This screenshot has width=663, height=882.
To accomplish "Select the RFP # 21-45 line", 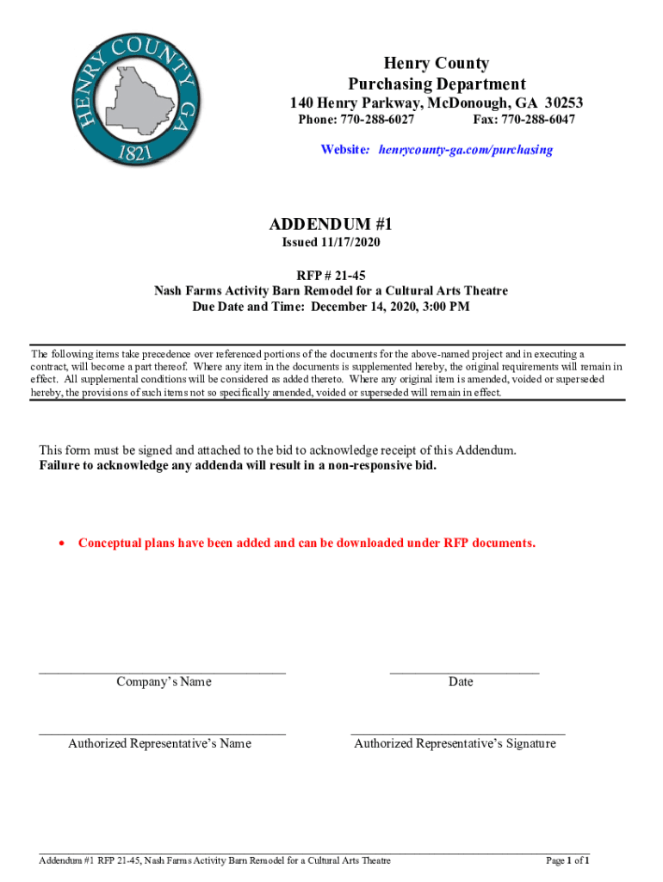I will (331, 276).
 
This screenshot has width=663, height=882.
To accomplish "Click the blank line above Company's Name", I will (162, 670).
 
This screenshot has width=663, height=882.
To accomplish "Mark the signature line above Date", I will (464, 670).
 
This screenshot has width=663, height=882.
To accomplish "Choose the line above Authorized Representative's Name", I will (162, 733).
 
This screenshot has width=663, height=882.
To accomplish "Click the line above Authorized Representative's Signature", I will (457, 733).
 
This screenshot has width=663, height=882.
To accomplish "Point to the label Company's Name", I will (164, 681).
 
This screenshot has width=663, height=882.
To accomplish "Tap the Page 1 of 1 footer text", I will (567, 860).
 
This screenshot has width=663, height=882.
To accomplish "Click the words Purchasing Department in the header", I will (437, 84).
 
